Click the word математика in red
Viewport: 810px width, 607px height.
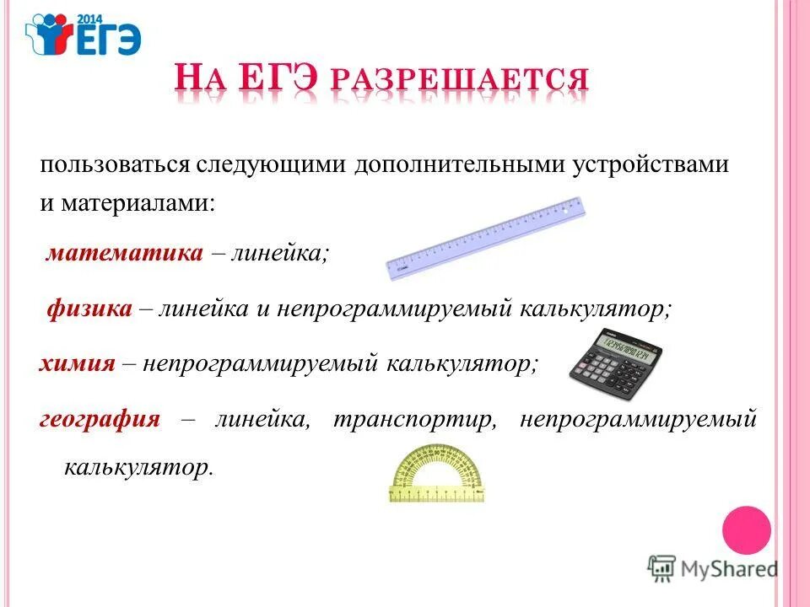coord(124,253)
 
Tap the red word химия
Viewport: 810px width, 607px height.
coord(77,363)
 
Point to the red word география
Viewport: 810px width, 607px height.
coord(100,419)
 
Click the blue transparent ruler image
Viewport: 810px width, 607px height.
coord(485,239)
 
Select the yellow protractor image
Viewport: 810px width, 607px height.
coord(438,477)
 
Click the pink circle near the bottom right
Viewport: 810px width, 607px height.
coord(747,529)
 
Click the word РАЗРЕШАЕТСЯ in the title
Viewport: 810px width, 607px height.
coord(459,81)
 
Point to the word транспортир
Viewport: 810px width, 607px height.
coord(413,419)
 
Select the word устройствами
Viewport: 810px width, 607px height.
coord(651,164)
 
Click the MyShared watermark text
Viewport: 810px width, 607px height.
coord(729,568)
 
